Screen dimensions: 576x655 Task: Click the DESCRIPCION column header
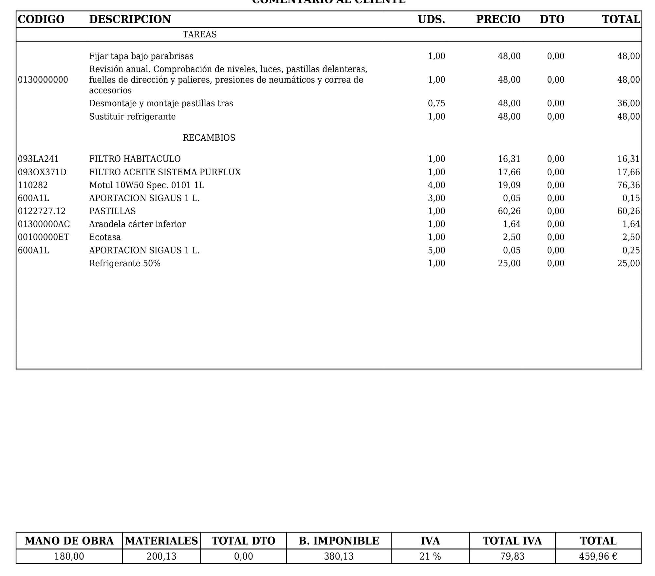click(x=130, y=19)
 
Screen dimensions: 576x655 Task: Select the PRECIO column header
click(x=498, y=19)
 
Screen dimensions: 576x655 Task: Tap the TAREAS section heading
click(x=199, y=34)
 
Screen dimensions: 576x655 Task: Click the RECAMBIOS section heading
click(x=209, y=138)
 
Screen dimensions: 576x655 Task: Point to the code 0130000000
click(x=43, y=80)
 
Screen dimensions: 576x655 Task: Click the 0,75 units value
click(x=437, y=103)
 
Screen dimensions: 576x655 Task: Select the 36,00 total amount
click(x=628, y=103)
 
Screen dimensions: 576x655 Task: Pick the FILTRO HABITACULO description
click(x=135, y=159)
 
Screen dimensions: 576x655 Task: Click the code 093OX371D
click(x=42, y=172)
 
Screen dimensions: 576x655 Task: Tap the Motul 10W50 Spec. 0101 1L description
click(x=147, y=185)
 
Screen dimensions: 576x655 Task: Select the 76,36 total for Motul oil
click(x=628, y=185)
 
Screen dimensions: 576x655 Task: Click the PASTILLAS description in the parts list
click(x=112, y=211)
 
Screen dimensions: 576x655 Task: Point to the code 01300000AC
click(x=44, y=224)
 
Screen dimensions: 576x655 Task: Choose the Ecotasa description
click(x=105, y=237)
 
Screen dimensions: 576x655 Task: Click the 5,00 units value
click(x=437, y=250)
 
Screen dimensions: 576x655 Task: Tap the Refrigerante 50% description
click(x=125, y=263)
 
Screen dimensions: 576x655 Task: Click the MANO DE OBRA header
click(x=69, y=541)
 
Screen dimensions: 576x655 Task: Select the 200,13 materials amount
click(x=161, y=556)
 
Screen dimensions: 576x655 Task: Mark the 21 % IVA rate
click(x=430, y=556)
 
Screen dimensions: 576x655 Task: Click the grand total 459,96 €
click(x=598, y=556)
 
